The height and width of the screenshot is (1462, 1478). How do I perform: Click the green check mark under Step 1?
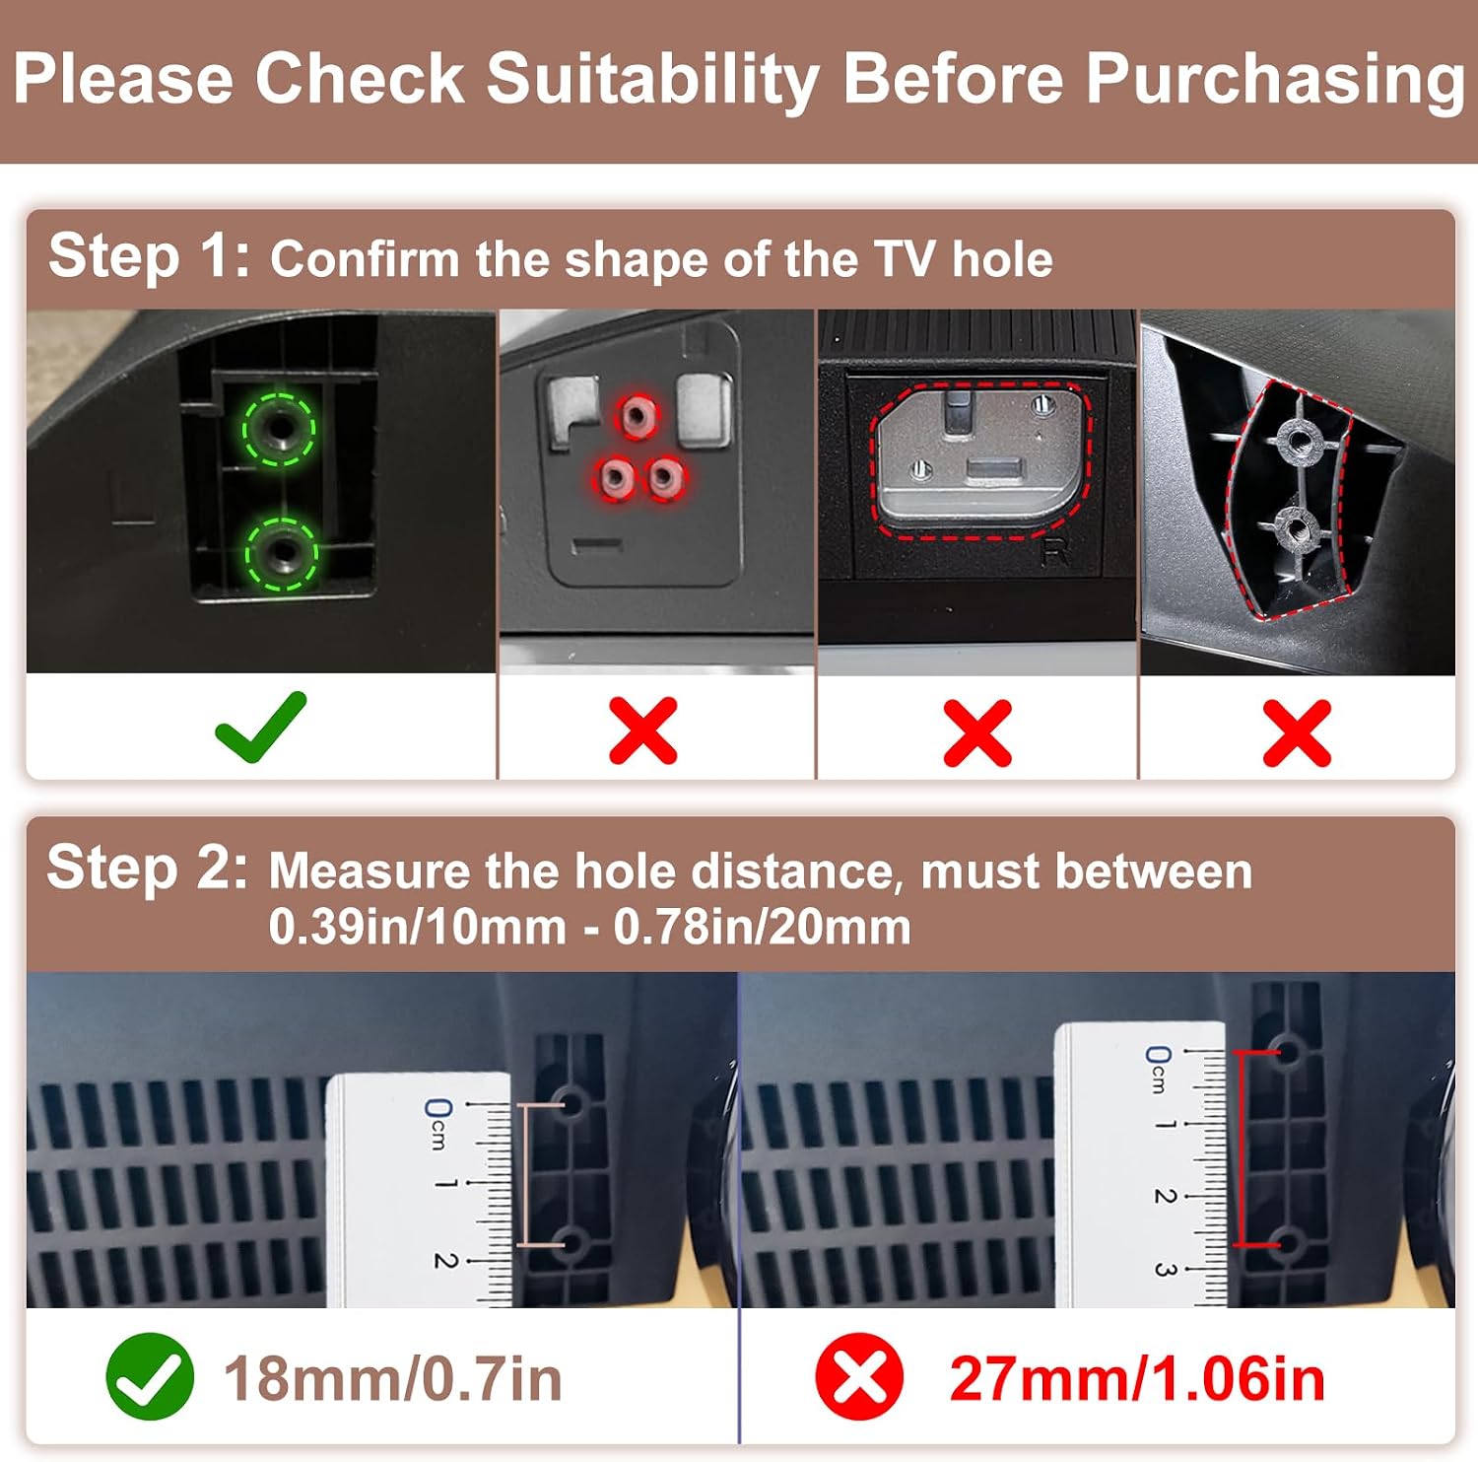[261, 727]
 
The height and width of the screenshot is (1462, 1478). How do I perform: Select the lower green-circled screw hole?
[281, 553]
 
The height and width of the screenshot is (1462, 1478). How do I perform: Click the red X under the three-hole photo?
[643, 731]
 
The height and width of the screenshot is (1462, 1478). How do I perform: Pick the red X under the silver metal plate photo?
[977, 732]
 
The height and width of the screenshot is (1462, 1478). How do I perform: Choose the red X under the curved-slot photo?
[1297, 732]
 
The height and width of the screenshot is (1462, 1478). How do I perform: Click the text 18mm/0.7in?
[393, 1378]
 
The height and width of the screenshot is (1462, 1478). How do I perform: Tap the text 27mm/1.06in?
[1137, 1378]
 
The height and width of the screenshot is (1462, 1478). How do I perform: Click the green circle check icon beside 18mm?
[150, 1376]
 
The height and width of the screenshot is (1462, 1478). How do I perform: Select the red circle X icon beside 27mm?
[859, 1376]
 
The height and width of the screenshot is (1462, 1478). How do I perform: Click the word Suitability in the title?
[653, 79]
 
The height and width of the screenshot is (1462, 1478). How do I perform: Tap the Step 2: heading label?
[148, 868]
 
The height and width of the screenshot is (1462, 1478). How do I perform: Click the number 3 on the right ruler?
[1166, 1270]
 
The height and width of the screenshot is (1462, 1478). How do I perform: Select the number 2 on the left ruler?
[445, 1260]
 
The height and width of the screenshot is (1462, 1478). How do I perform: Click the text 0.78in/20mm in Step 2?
[762, 928]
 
